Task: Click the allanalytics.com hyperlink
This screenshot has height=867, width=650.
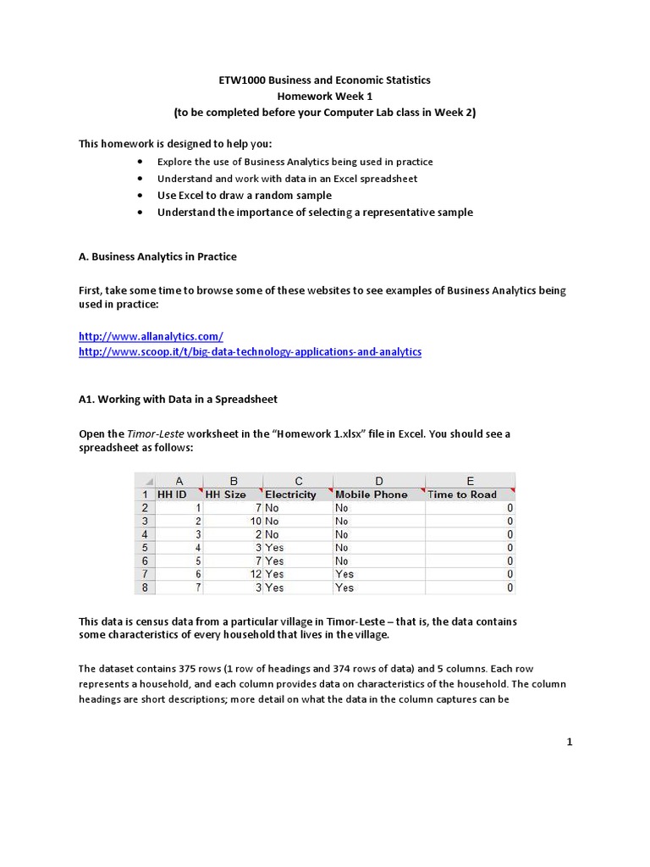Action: [x=151, y=336]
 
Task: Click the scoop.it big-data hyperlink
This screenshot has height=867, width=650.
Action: [x=250, y=351]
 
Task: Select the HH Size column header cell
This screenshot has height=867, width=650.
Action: [x=225, y=494]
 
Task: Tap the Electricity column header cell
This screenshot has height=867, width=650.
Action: [x=290, y=494]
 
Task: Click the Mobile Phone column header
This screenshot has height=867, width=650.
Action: [x=371, y=494]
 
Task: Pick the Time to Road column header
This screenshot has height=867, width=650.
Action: [x=463, y=494]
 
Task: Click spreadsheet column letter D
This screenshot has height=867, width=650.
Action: [x=378, y=480]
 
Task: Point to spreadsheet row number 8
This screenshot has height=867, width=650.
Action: [x=146, y=588]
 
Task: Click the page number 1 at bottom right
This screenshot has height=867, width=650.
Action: [x=570, y=743]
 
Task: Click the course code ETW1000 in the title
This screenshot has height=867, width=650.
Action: [x=243, y=80]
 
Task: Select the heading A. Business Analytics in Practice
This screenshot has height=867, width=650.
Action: [x=157, y=257]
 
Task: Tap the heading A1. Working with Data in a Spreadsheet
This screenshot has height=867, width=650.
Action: [x=178, y=399]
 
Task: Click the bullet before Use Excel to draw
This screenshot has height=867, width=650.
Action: [x=140, y=196]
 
